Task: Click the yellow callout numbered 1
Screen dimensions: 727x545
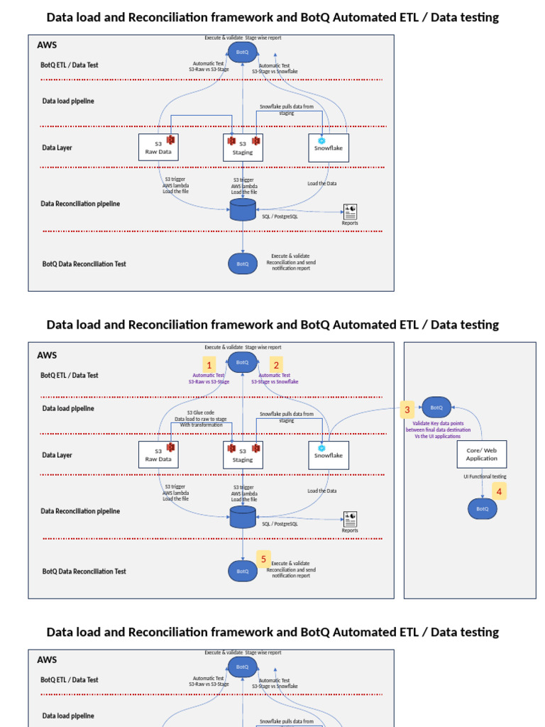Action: tap(209, 364)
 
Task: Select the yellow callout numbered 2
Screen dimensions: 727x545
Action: tap(276, 364)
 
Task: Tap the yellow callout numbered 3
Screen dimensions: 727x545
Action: tap(407, 409)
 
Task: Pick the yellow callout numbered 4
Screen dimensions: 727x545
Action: tap(499, 491)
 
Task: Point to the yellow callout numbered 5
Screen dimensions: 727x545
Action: tap(263, 559)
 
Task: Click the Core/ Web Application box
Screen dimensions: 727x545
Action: tap(482, 454)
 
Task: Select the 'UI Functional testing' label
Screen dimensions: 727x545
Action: tap(485, 476)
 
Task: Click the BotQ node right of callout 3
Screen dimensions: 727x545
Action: tap(436, 408)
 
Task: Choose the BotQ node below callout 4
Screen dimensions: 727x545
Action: tap(482, 508)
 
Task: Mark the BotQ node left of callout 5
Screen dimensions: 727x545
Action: tap(242, 571)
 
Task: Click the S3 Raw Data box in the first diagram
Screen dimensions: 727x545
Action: tap(158, 147)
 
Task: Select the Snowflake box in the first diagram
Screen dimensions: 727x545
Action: tap(329, 148)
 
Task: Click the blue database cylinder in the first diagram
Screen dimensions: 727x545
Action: tap(243, 209)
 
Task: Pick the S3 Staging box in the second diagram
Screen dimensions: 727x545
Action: tap(243, 455)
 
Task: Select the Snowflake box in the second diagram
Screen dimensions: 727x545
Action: tap(329, 455)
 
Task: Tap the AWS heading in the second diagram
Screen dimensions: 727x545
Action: tap(47, 355)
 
